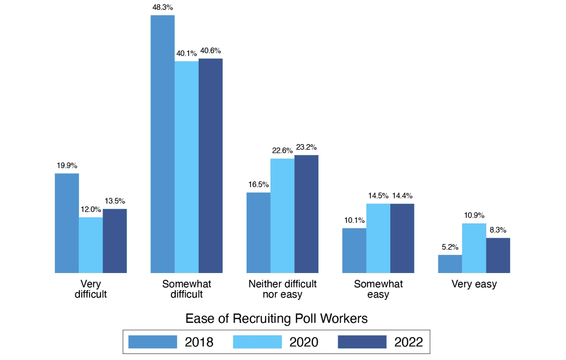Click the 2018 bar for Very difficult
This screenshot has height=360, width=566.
[67, 223]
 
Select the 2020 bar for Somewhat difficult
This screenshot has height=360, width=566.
[187, 167]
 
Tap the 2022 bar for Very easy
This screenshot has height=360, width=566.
[498, 255]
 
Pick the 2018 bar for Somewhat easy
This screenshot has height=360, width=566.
[354, 250]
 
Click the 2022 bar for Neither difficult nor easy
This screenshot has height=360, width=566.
[306, 214]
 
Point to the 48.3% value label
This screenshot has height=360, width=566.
[163, 7]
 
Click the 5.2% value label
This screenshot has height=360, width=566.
[450, 247]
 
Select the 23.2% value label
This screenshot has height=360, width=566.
[307, 147]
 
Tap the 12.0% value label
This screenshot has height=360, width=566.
[91, 209]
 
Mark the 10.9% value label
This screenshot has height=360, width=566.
[474, 215]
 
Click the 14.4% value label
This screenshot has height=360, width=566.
[402, 196]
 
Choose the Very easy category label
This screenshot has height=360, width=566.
[474, 284]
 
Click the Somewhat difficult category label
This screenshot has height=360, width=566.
[187, 289]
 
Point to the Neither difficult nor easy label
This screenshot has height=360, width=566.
[282, 289]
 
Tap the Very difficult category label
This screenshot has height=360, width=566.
[91, 289]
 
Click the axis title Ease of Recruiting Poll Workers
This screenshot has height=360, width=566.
[277, 319]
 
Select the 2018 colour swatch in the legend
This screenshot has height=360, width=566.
[153, 342]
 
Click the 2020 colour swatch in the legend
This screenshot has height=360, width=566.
[257, 342]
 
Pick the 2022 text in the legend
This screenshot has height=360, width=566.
[408, 342]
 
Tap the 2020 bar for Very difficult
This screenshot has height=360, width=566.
[91, 245]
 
